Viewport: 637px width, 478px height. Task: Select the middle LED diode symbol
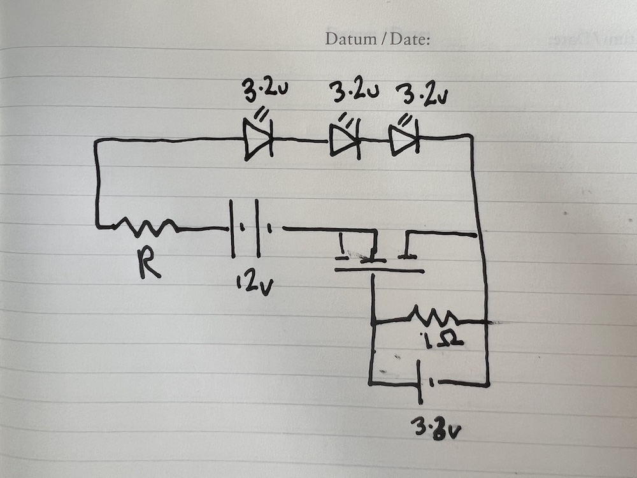pyautogui.click(x=345, y=141)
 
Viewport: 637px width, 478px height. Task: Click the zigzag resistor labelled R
pyautogui.click(x=146, y=226)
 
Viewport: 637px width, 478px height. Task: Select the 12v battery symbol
pyautogui.click(x=251, y=228)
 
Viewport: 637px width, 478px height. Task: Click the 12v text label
pyautogui.click(x=251, y=285)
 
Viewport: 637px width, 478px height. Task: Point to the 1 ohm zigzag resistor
pyautogui.click(x=434, y=317)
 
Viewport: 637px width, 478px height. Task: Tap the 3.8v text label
pyautogui.click(x=437, y=428)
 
